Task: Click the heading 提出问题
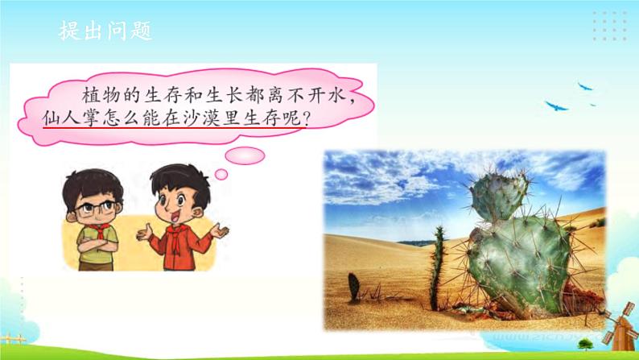point(105,32)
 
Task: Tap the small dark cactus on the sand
point(353,287)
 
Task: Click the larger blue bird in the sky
point(555,106)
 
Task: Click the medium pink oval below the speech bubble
point(244,155)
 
